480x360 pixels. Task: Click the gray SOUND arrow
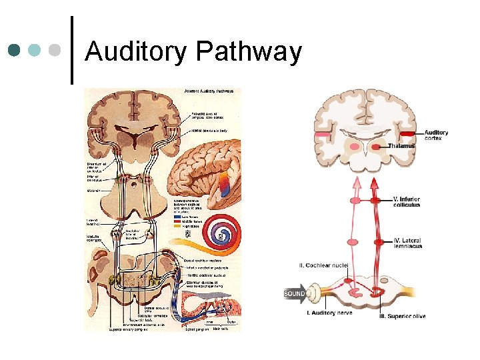296,293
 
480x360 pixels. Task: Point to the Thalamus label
401,146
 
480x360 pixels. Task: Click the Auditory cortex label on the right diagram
436,135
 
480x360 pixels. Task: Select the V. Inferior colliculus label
407,202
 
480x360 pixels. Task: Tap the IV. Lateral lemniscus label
407,245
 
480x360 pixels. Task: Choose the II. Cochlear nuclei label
323,265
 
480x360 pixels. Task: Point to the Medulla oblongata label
93,237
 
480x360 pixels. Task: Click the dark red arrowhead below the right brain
375,183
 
